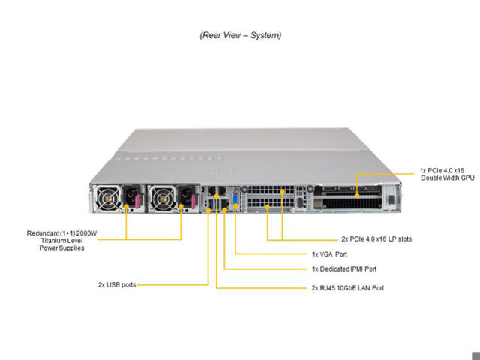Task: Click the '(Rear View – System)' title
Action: pos(240,35)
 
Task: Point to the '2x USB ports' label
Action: pos(117,285)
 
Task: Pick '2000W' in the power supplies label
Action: pos(87,232)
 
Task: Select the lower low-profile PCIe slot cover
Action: pos(266,204)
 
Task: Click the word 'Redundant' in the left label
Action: pos(43,232)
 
